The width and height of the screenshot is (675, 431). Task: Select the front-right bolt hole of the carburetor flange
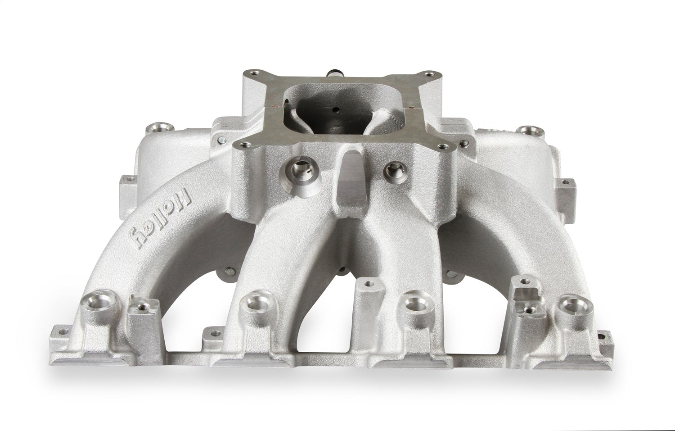click(442, 147)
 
